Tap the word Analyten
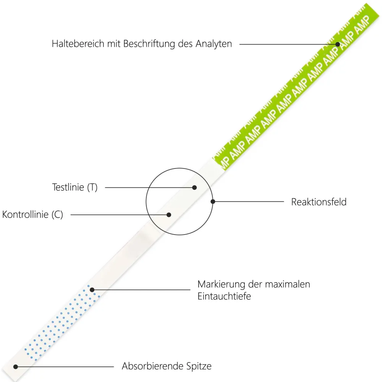[214, 44]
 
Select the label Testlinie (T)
[75, 187]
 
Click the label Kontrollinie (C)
[32, 215]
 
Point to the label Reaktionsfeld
[319, 202]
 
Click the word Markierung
[221, 284]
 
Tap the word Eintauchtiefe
[224, 296]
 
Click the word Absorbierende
[153, 366]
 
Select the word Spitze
[199, 366]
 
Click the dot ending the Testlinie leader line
[194, 188]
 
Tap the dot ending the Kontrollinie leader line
[169, 215]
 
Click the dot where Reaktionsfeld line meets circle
[213, 202]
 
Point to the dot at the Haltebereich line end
[338, 44]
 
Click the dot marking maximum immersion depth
[92, 290]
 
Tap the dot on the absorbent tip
[16, 367]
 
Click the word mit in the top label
[114, 44]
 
